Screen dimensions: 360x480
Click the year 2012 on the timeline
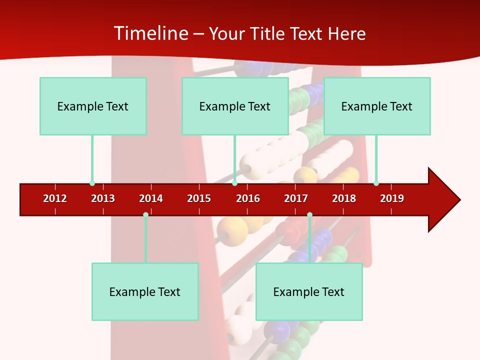(x=55, y=198)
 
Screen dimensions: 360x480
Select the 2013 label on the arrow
(x=103, y=198)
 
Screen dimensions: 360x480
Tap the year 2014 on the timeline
(x=151, y=198)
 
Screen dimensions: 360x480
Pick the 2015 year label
(x=199, y=198)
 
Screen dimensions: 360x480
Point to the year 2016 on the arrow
(x=248, y=198)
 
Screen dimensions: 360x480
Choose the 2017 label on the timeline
(x=296, y=198)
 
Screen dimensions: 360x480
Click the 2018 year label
(x=344, y=198)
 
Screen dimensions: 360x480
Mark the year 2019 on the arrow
(x=392, y=198)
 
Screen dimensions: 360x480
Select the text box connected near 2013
(x=93, y=106)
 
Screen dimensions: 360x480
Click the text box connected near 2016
(x=235, y=106)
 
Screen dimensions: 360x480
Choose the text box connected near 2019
(x=377, y=106)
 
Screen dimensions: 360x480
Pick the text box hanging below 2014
(x=145, y=291)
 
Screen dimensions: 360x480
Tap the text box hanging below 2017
(x=309, y=291)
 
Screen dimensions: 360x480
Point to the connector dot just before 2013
(x=92, y=183)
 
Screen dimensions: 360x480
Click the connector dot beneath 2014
(x=145, y=215)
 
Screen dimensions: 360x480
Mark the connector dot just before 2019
(x=376, y=183)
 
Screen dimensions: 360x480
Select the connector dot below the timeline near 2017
(x=309, y=215)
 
